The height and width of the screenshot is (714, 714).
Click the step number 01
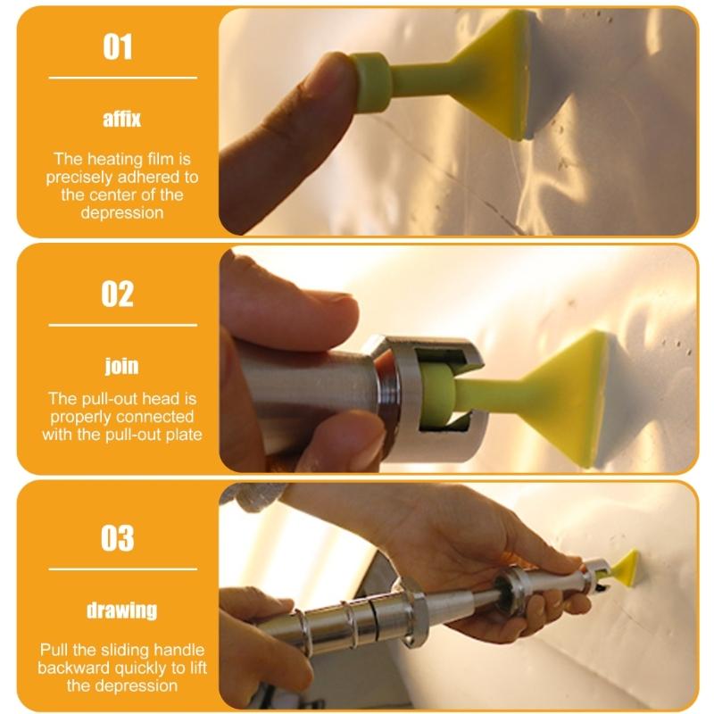point(118,46)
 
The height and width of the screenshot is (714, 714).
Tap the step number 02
point(118,293)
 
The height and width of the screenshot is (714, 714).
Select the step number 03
point(118,538)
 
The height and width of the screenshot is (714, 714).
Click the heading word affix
point(121,119)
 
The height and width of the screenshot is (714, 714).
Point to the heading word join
point(121,366)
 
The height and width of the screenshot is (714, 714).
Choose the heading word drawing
point(121,610)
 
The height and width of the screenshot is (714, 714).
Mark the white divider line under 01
point(121,78)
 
